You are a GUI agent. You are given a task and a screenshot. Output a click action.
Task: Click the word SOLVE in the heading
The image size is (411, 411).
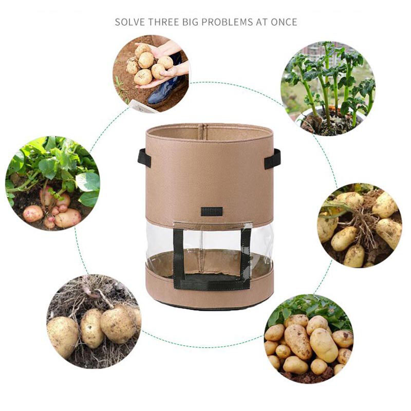(129, 22)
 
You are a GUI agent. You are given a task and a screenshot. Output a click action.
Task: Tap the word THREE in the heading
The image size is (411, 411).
(165, 22)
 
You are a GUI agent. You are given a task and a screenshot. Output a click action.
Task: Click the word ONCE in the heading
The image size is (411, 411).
(285, 22)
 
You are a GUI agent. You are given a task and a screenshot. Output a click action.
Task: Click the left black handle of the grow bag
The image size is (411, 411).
(144, 158)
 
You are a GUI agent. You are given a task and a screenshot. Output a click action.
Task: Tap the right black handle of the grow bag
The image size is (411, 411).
(273, 159)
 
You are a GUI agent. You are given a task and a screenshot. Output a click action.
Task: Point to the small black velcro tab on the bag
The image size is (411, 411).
(212, 211)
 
